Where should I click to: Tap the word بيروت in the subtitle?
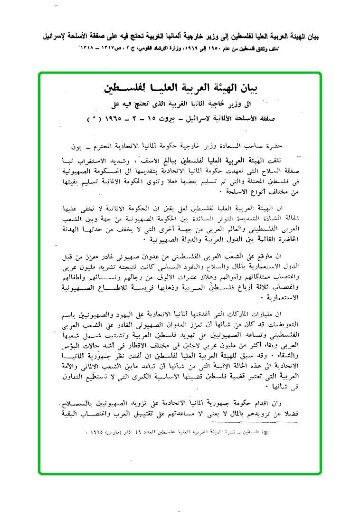pos(164,117)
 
